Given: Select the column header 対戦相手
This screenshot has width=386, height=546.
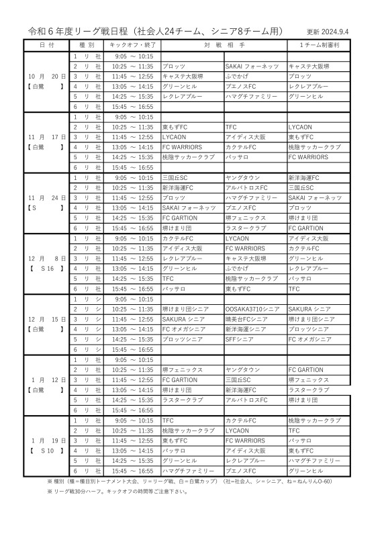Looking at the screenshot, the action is tap(224, 45).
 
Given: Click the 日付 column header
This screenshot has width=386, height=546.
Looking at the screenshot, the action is tap(47, 45).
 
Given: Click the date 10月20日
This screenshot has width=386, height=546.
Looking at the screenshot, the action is tap(46, 77).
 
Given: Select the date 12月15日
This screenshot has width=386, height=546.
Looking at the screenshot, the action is tap(46, 319).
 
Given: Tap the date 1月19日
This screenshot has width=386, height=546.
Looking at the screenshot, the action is tap(46, 440).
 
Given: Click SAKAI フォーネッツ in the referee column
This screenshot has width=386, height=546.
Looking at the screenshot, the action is tap(315, 197).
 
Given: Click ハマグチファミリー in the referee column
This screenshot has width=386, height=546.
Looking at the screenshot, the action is tap(315, 460).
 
